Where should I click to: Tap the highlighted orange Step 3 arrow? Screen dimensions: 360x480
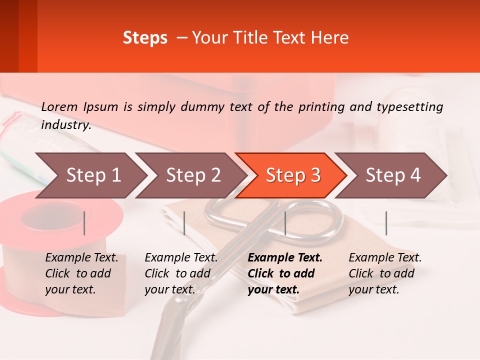[291, 175]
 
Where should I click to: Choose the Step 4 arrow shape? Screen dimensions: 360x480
[391, 175]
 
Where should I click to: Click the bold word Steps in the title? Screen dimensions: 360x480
[145, 38]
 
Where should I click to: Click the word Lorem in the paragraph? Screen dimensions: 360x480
[59, 106]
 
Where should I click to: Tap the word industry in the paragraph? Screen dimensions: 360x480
[65, 125]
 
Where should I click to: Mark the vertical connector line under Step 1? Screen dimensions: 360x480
[84, 223]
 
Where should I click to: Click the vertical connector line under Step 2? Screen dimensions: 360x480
[184, 223]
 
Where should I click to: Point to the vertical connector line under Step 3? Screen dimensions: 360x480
[285, 223]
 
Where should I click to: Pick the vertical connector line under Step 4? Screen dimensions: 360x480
[386, 223]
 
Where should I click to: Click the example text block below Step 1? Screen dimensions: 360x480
[81, 273]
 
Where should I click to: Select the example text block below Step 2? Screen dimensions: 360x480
[181, 273]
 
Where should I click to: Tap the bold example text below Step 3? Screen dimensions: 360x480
[285, 273]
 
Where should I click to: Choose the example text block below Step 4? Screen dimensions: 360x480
[385, 273]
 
